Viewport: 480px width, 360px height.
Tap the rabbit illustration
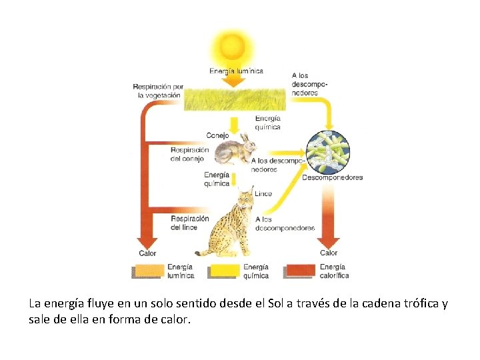point(237,149)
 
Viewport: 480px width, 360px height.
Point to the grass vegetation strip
point(235,99)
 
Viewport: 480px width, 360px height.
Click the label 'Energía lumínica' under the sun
point(236,71)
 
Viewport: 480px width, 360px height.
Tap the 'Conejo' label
point(217,135)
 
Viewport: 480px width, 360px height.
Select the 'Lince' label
point(263,194)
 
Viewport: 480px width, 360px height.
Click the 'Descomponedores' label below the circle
point(333,177)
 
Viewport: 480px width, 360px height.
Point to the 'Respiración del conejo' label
point(189,154)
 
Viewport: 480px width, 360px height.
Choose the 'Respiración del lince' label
point(189,223)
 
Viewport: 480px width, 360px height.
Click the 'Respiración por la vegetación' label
point(158,91)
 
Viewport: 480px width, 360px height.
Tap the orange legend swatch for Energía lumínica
point(148,271)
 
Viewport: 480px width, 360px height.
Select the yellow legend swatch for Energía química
point(223,271)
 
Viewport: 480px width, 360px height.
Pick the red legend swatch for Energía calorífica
point(299,271)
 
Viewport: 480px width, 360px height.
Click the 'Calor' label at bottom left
point(147,253)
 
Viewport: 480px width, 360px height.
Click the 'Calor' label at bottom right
point(329,253)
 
